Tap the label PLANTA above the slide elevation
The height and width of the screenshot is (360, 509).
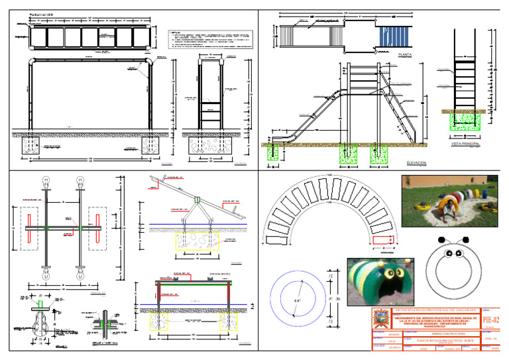click(x=404, y=53)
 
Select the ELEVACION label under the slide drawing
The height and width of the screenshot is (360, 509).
click(x=416, y=162)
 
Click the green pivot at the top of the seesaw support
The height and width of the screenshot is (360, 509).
click(x=197, y=199)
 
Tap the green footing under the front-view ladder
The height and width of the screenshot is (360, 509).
click(x=467, y=121)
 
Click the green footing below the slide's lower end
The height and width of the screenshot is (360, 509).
click(x=272, y=152)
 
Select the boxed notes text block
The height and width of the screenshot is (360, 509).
click(x=211, y=39)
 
